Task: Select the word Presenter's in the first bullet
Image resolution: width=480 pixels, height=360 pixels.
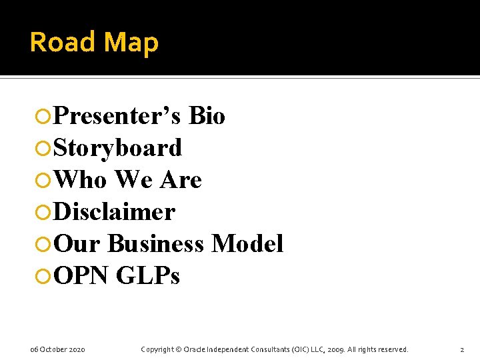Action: tap(117, 116)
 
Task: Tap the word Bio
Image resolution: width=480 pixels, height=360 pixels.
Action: tap(207, 116)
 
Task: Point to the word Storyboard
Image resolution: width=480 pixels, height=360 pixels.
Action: tap(117, 148)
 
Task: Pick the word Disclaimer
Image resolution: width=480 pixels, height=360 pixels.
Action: tap(114, 212)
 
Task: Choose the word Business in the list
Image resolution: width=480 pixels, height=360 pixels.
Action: tap(155, 244)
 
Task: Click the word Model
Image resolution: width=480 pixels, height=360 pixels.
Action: tap(247, 244)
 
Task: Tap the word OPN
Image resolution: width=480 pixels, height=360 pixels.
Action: tap(81, 276)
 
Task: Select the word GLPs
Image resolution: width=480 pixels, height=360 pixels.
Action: tap(148, 276)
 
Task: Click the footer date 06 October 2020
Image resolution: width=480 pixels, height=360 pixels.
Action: tap(57, 349)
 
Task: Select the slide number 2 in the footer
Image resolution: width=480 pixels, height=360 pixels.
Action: tap(462, 349)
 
